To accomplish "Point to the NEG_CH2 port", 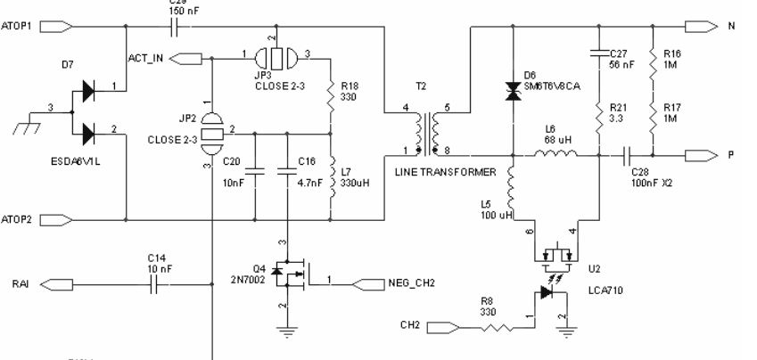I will click(370, 284).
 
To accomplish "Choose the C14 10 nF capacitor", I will click(158, 284).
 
